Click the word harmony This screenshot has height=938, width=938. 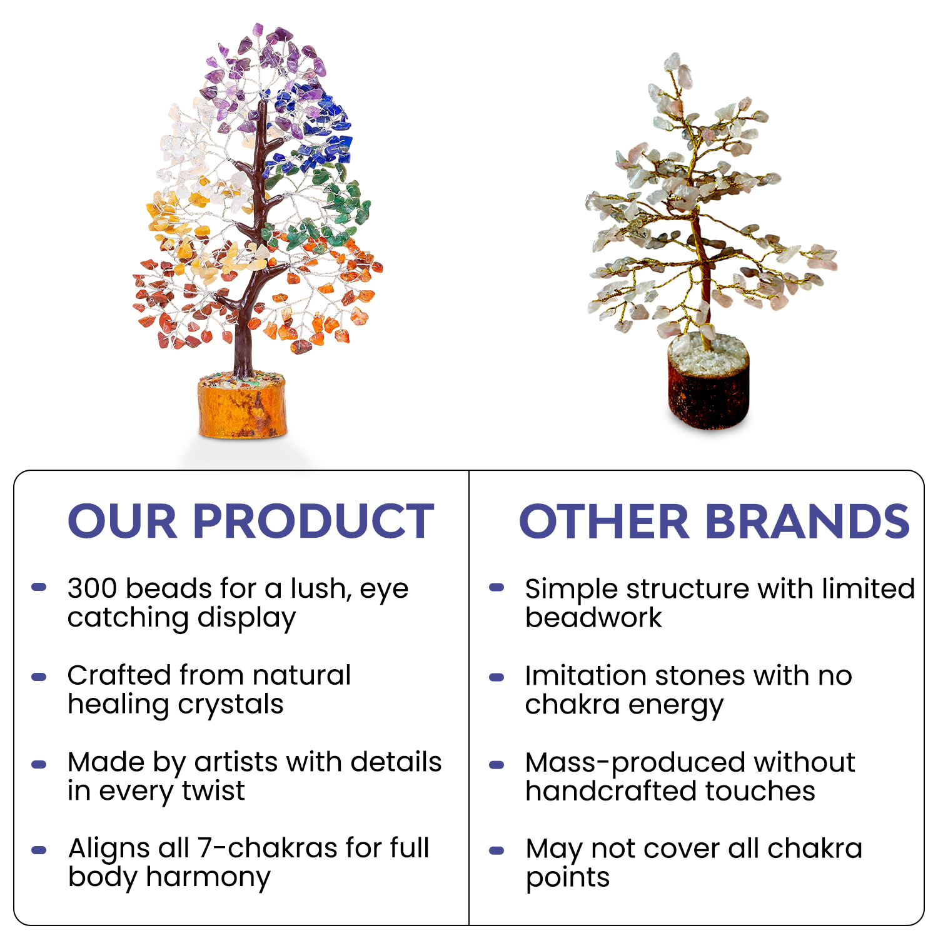pos(208,878)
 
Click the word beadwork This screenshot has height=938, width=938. pos(593,618)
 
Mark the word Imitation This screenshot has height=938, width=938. pos(585,675)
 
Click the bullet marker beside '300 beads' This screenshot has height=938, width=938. pos(39,587)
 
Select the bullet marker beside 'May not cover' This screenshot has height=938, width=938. pos(497,850)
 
